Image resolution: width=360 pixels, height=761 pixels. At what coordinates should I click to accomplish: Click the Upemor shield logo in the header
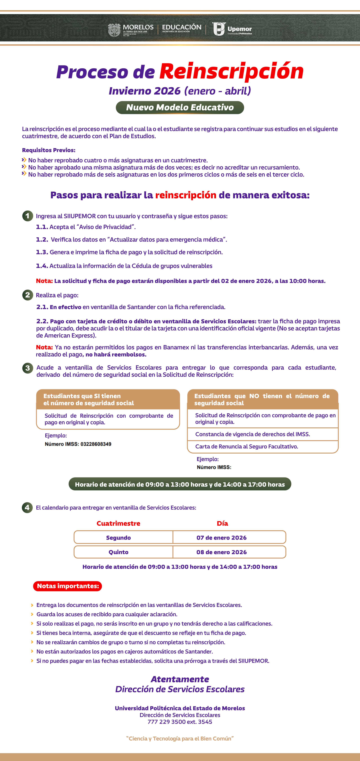(219, 29)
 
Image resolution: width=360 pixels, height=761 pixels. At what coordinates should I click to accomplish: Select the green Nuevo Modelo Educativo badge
(180, 108)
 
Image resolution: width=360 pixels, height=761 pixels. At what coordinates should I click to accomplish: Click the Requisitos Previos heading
(49, 150)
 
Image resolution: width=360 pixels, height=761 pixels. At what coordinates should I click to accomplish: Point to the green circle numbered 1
(28, 216)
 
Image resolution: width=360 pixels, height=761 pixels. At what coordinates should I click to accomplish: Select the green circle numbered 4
(27, 508)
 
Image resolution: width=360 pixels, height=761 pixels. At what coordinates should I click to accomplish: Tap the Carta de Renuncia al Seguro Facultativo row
(247, 446)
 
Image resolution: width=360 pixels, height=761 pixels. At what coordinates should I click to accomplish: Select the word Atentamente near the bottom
(180, 679)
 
